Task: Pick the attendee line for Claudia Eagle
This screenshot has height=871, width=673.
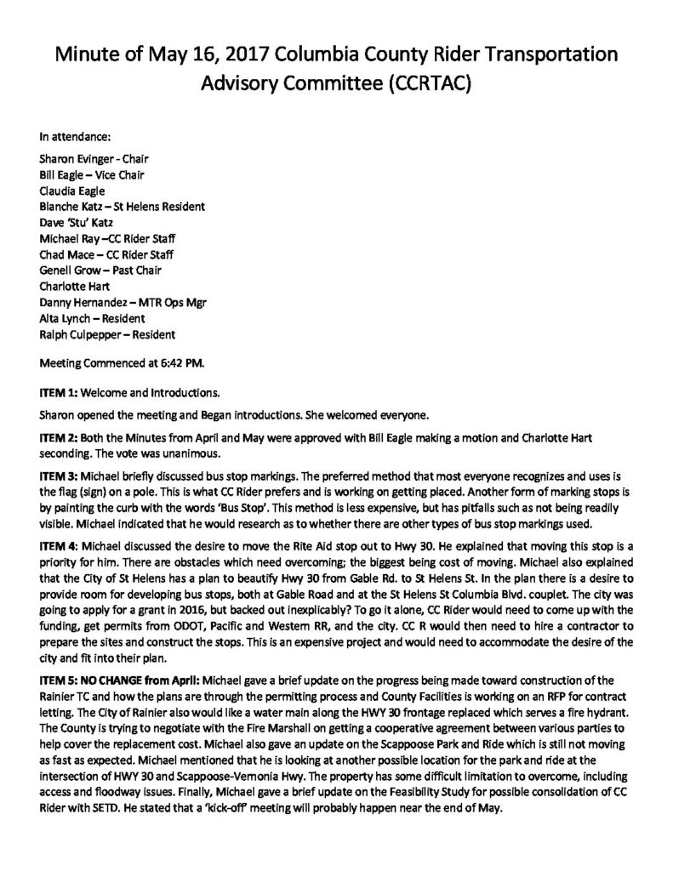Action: tap(71, 191)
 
